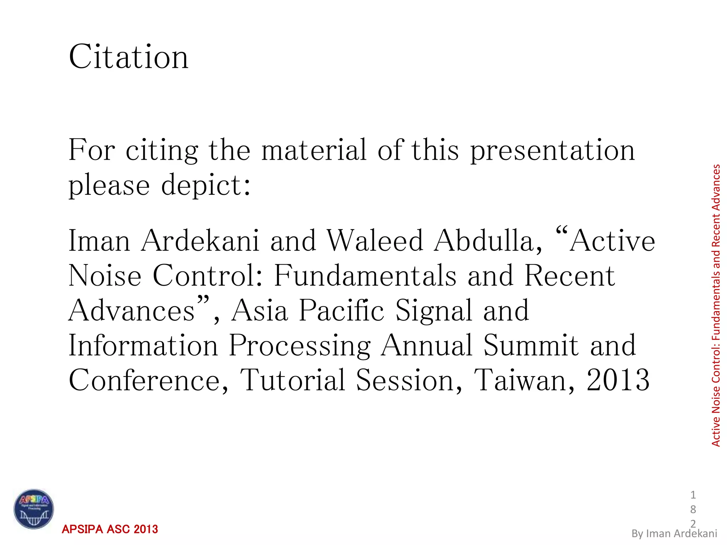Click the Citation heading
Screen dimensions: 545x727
coord(129,57)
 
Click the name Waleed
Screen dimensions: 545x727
coord(375,241)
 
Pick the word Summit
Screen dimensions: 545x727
coord(531,345)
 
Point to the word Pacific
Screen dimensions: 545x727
coord(341,310)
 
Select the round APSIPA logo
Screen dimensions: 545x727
coord(34,509)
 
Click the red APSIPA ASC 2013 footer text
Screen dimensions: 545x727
coord(110,529)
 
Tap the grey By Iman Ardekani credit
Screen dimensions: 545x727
coord(674,533)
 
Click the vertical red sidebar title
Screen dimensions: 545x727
coord(716,305)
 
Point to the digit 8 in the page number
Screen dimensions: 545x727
coord(693,509)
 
